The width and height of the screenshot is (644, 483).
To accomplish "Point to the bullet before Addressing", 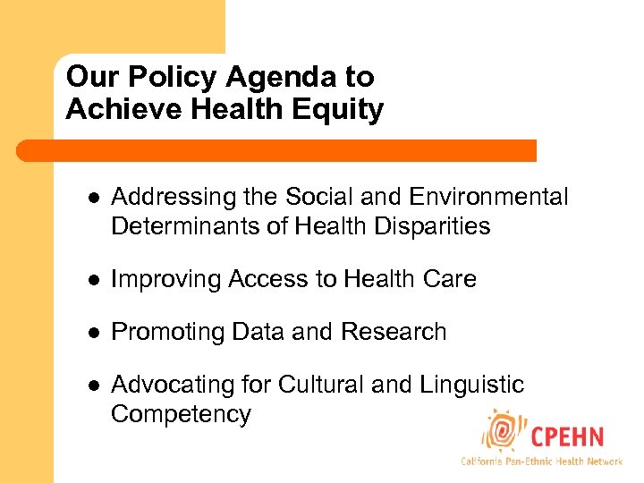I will [91, 198].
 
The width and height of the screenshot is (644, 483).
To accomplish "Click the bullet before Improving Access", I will [91, 280].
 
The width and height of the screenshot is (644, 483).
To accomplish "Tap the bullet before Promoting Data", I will [91, 332].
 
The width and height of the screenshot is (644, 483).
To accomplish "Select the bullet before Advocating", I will [91, 386].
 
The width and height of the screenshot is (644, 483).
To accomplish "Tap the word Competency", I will [181, 414].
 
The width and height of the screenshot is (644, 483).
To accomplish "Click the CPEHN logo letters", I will [567, 437].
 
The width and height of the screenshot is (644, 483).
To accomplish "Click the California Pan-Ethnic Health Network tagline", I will [541, 462].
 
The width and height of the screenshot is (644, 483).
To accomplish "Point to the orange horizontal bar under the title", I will [277, 150].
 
